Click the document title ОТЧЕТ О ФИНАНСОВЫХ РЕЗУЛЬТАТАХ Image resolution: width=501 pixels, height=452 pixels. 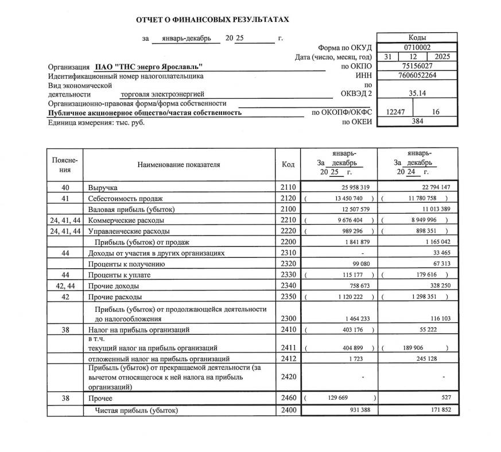[x=212, y=20]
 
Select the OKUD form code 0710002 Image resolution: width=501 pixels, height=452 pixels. [x=417, y=48]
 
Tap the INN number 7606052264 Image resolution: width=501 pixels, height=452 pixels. [x=417, y=76]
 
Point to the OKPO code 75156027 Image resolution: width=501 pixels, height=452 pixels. [x=417, y=67]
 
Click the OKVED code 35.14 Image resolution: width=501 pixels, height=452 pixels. [x=417, y=94]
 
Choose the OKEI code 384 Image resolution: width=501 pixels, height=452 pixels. [x=417, y=122]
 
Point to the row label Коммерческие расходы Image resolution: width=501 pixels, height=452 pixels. [x=126, y=221]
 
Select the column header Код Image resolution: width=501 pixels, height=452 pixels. [x=288, y=165]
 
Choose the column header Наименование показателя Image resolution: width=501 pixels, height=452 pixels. [x=178, y=165]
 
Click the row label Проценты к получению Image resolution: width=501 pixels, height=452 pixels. [x=126, y=264]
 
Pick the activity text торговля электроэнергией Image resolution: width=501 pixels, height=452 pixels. [x=162, y=94]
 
